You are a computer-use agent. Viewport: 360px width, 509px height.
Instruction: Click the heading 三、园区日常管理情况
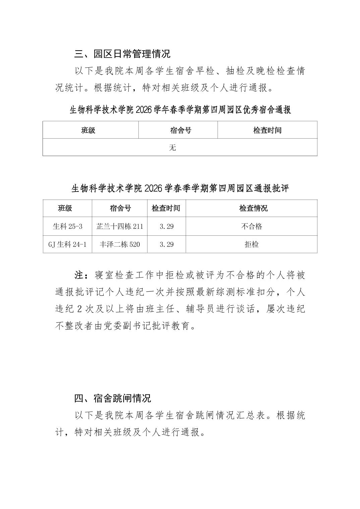[x=122, y=54]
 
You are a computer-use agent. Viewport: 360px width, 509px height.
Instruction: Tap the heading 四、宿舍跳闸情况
[x=113, y=398]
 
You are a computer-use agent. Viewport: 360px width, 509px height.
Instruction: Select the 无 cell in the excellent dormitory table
[x=173, y=147]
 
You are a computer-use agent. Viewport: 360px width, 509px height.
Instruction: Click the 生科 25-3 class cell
[x=67, y=226]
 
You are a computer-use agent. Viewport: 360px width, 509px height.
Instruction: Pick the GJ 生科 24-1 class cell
[x=67, y=244]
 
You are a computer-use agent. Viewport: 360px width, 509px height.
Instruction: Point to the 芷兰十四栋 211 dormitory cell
[x=120, y=226]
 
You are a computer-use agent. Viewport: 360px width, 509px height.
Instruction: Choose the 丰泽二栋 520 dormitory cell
[x=120, y=244]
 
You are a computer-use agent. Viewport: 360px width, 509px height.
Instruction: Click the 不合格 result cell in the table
[x=251, y=226]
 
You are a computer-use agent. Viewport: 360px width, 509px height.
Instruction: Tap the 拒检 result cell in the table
[x=251, y=244]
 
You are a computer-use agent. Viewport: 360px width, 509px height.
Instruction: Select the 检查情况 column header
[x=253, y=208]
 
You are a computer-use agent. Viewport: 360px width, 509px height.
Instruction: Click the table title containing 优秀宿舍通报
[x=180, y=110]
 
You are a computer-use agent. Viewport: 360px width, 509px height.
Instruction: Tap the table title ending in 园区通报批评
[x=180, y=188]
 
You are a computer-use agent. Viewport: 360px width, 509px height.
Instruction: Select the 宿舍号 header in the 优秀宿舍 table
[x=181, y=130]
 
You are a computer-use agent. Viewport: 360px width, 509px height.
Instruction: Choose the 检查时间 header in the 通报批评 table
[x=166, y=208]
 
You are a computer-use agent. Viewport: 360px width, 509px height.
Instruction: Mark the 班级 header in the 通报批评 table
[x=65, y=208]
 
